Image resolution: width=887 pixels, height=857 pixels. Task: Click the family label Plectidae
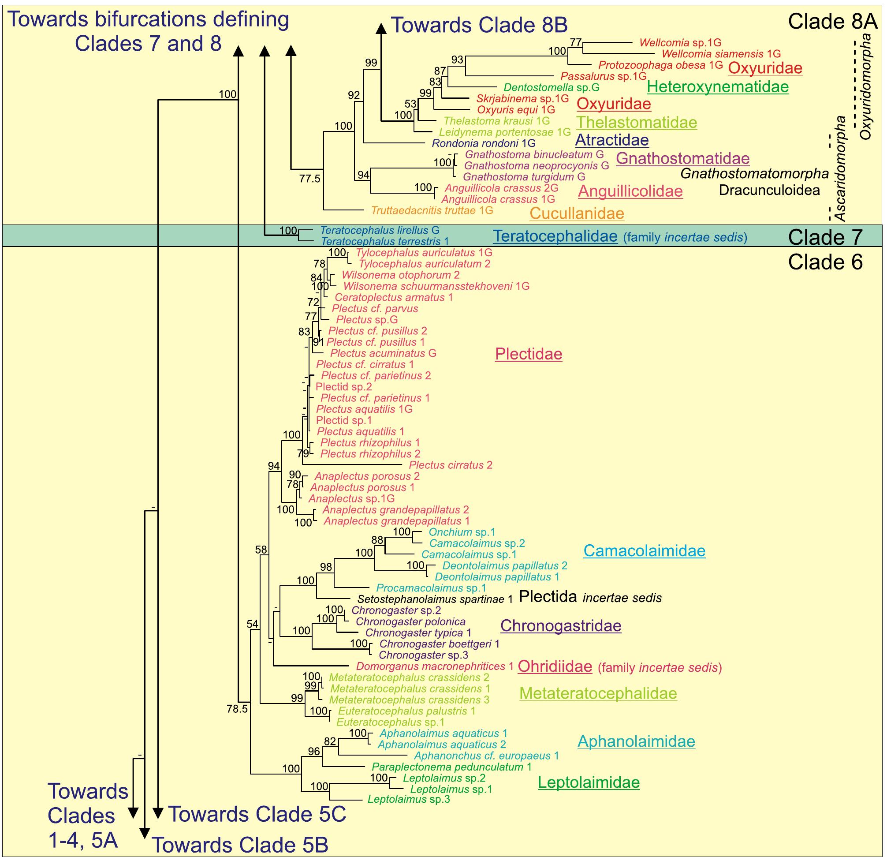click(528, 354)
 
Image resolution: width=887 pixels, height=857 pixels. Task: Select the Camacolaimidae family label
click(644, 550)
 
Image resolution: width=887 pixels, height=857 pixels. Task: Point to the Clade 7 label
click(825, 237)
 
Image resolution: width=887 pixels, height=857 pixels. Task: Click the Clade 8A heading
click(832, 21)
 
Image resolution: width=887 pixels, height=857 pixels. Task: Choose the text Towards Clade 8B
click(479, 25)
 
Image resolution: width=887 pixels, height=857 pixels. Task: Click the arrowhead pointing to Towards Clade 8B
click(381, 29)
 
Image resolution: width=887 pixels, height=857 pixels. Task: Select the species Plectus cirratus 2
click(450, 465)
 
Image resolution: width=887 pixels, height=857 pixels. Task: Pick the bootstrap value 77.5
click(309, 179)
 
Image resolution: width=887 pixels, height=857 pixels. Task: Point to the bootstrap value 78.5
click(237, 709)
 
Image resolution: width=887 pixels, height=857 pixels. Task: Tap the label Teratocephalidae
click(555, 236)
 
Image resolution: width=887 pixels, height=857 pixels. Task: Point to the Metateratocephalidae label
click(598, 693)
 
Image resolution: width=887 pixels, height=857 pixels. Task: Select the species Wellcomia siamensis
click(721, 54)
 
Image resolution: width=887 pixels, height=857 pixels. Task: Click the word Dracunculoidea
click(769, 190)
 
